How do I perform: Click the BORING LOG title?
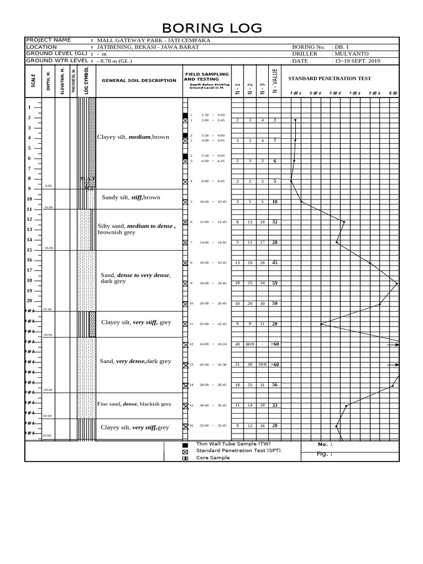211,28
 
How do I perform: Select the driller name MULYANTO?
350,54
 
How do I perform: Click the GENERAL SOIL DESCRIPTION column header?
139,80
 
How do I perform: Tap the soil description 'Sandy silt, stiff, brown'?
131,197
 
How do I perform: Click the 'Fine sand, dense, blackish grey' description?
134,404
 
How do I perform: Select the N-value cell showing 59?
274,283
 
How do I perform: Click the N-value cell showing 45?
274,263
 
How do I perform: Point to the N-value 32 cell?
274,222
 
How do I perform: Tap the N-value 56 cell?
274,385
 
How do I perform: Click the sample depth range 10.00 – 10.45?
214,202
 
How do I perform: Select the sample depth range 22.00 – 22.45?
214,324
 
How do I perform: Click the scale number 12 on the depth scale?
29,219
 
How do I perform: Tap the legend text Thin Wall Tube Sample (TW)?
229,444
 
